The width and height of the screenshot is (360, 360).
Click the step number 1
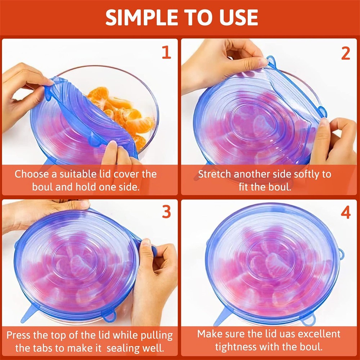click(166, 53)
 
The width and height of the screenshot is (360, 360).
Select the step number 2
click(345, 53)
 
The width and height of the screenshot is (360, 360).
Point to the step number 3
click(166, 212)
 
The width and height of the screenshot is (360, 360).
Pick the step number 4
click(345, 213)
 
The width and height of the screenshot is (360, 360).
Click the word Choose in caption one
click(32, 174)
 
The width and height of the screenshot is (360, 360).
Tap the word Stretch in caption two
click(215, 174)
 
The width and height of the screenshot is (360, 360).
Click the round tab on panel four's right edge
click(341, 255)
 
